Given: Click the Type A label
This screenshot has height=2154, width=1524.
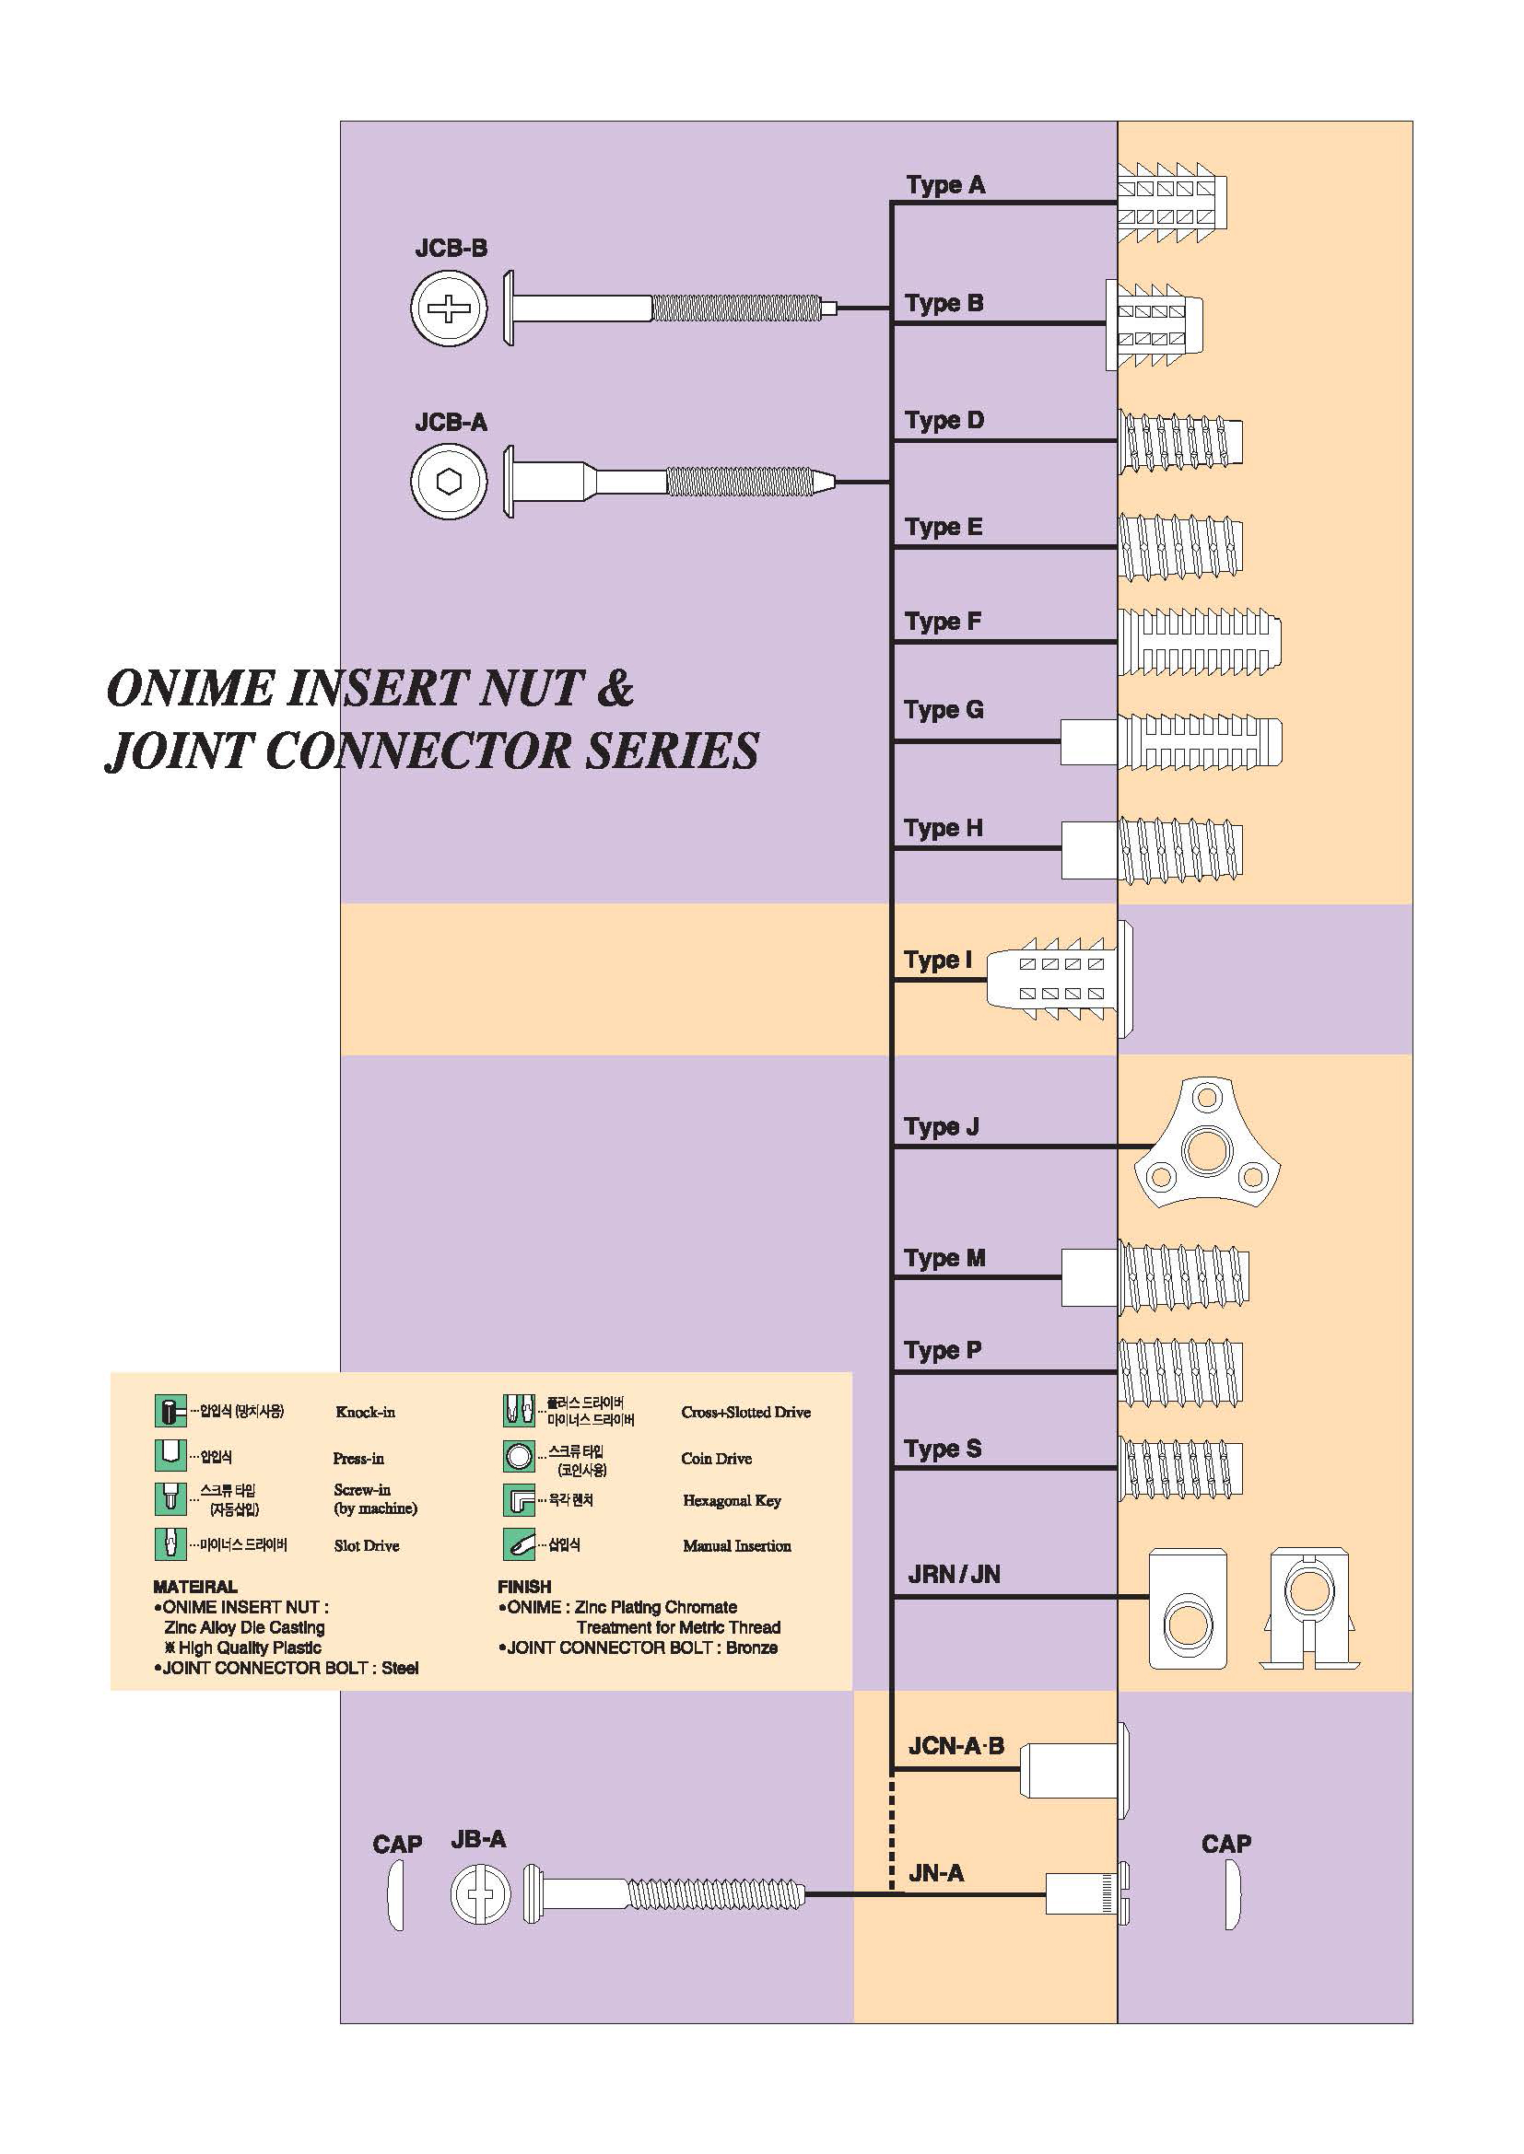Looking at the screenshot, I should point(945,185).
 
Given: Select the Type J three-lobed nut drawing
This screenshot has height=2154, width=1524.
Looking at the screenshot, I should point(1207,1146).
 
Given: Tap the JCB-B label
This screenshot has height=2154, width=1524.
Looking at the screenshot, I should point(451,249).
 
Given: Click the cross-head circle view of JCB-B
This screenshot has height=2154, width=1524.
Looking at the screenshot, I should point(450,308).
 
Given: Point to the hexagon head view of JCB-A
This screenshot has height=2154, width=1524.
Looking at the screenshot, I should point(450,482).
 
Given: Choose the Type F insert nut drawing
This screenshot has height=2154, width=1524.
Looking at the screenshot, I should point(1199,642).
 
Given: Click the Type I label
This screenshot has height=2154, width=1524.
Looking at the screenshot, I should point(937,960).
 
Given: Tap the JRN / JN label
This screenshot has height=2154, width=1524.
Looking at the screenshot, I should point(954,1574).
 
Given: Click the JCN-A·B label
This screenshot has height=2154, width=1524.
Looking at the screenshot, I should point(955,1746).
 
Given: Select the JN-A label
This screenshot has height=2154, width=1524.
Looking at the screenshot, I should point(935,1873).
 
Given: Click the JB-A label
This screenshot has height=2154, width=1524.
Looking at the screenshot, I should point(477,1840).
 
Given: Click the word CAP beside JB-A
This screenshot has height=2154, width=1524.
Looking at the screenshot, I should point(397,1845).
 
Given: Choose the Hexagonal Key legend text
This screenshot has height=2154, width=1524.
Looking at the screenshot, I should point(732,1500).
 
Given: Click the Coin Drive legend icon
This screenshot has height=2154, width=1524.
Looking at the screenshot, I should point(519,1456).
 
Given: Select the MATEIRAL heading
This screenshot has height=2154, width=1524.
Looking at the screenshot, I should point(195,1587).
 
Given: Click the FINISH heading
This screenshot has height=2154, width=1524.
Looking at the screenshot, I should point(523,1587).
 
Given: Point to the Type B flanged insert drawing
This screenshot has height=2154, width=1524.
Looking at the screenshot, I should point(1155,324).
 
